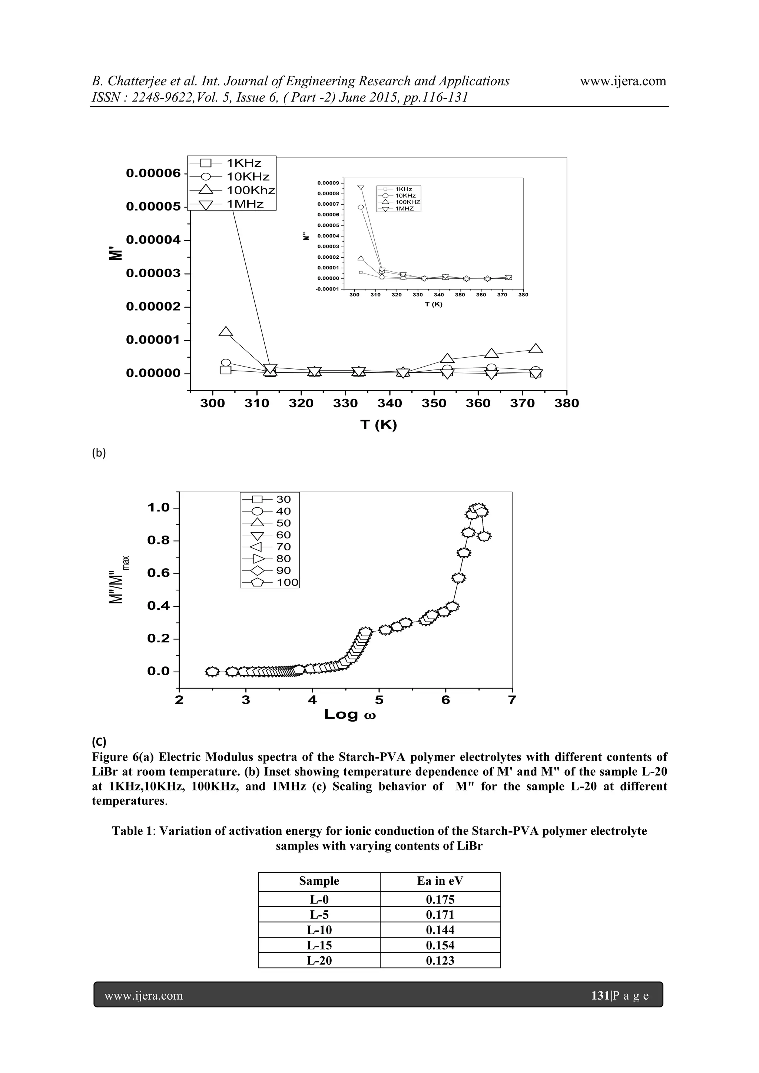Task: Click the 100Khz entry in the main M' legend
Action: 251,190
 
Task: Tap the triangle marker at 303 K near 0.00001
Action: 226,332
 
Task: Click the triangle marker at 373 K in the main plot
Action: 536,349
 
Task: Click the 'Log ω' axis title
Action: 350,715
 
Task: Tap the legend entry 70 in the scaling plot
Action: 283,547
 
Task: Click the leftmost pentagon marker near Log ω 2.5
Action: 212,672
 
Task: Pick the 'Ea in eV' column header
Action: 440,881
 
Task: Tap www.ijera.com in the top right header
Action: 623,81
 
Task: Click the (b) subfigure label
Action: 99,453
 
